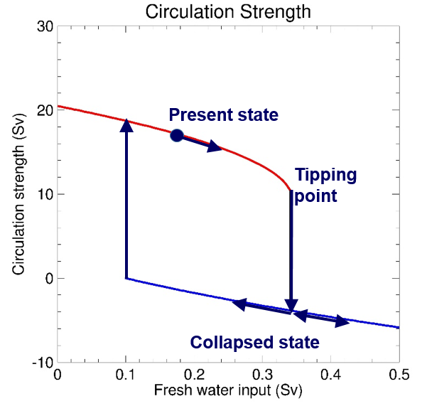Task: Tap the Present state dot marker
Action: pos(177,135)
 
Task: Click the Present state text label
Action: pos(223,114)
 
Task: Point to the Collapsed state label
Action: pos(254,343)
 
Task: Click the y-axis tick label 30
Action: pos(44,27)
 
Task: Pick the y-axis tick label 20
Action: pos(44,110)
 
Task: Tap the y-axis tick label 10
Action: pos(44,194)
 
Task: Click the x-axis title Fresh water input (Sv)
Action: pos(228,392)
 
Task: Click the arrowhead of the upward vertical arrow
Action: pos(126,125)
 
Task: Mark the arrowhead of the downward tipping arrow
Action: pos(291,306)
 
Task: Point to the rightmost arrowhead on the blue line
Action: pos(343,323)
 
